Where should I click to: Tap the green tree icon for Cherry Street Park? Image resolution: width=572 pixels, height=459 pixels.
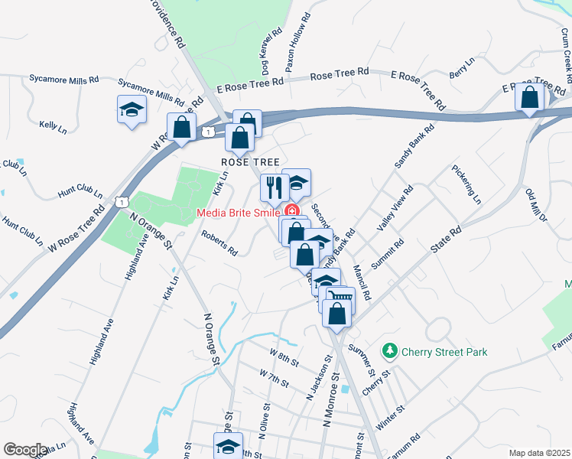click(391, 351)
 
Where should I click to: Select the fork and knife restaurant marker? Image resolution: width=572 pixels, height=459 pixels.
click(273, 187)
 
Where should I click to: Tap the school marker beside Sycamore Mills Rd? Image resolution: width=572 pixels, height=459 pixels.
click(132, 110)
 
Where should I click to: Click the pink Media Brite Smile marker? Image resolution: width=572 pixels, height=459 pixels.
click(291, 211)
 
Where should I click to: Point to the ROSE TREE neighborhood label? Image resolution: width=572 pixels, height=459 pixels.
click(247, 162)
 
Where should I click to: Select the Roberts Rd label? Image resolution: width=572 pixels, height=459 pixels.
click(219, 244)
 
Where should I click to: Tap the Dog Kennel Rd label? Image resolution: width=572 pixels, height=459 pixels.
click(269, 50)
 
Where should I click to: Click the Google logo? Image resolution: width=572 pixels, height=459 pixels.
click(25, 449)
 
